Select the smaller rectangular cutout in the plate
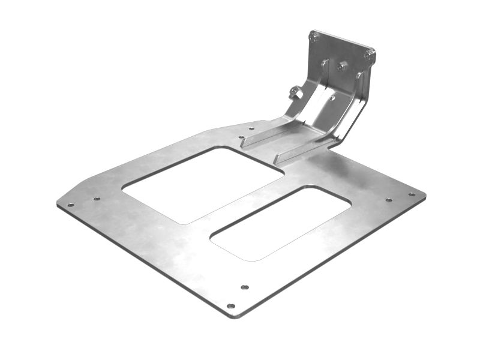tap(281, 223)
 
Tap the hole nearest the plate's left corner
tap(71, 205)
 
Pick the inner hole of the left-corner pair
tap(97, 199)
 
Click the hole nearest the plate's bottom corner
tap(230, 306)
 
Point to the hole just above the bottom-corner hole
tap(244, 287)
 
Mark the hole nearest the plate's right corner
tap(412, 194)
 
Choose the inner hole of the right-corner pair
tap(388, 199)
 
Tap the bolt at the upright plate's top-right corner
tap(369, 55)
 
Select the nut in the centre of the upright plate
tap(343, 65)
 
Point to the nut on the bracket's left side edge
tap(294, 92)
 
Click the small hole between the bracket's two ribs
tap(331, 97)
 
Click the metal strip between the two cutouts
tap(246, 204)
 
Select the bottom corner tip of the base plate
tap(234, 316)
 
